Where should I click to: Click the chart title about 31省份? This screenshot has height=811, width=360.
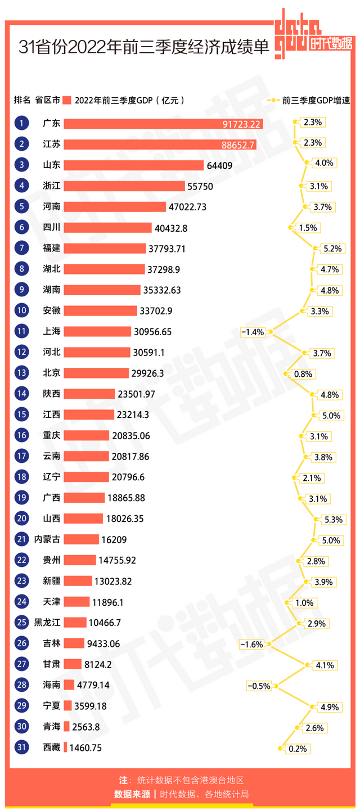(144, 46)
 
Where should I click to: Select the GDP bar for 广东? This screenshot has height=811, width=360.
(163, 123)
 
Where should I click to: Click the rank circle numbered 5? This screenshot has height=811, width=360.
(21, 206)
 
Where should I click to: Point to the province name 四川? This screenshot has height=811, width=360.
(51, 227)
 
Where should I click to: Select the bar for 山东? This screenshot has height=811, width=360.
(133, 165)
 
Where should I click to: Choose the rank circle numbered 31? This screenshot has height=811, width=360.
(21, 748)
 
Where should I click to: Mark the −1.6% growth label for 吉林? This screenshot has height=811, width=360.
(251, 644)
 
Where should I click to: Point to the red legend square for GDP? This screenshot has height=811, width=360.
(67, 101)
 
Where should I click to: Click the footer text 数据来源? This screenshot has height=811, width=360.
(132, 794)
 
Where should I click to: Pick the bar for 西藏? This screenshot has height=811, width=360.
(65, 748)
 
